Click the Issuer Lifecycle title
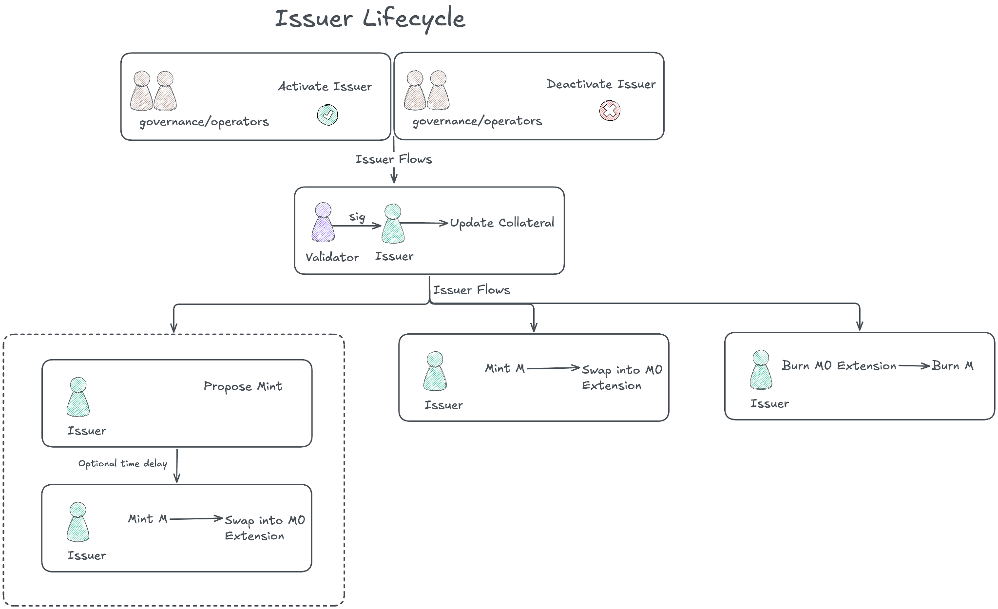click(x=370, y=19)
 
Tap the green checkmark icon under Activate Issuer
click(x=327, y=115)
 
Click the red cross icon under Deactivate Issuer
click(x=610, y=111)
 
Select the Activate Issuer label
click(x=325, y=87)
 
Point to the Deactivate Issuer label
click(x=601, y=84)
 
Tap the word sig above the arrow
click(x=357, y=216)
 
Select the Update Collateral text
click(x=502, y=223)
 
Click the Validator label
click(x=332, y=257)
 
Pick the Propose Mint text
click(x=243, y=386)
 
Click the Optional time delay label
click(x=123, y=463)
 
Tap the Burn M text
click(x=953, y=366)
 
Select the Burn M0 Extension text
click(x=839, y=366)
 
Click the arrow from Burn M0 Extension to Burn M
click(x=914, y=365)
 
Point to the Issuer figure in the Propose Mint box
click(x=78, y=398)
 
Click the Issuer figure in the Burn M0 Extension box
click(x=761, y=370)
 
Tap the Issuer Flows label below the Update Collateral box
click(x=472, y=290)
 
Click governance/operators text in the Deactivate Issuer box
click(x=477, y=121)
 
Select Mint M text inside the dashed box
click(x=148, y=519)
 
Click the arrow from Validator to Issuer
click(x=357, y=226)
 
